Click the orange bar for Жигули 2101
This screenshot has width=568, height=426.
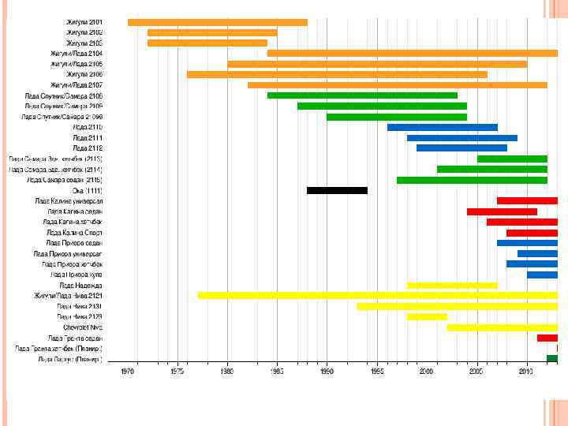click(x=217, y=22)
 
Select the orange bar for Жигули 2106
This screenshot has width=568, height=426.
click(x=337, y=74)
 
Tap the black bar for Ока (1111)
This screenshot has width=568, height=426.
click(x=337, y=190)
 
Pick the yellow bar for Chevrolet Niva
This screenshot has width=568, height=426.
click(x=502, y=327)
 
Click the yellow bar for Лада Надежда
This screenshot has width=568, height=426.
click(x=452, y=285)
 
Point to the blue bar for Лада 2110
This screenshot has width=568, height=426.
click(x=442, y=127)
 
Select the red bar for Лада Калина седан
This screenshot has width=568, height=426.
click(x=502, y=211)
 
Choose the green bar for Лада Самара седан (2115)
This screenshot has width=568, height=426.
click(x=472, y=180)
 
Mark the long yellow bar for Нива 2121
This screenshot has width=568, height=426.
click(x=377, y=295)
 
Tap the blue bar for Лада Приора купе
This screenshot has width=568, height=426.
click(x=542, y=275)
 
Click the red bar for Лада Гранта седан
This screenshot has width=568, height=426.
click(x=547, y=338)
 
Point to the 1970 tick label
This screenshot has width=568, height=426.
click(x=128, y=372)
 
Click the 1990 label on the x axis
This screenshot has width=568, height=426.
click(x=327, y=372)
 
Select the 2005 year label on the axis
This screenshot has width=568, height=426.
click(x=476, y=372)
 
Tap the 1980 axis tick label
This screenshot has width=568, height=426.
click(x=227, y=372)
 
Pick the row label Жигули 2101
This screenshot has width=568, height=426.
click(x=84, y=22)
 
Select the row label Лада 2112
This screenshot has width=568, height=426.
click(x=88, y=148)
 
